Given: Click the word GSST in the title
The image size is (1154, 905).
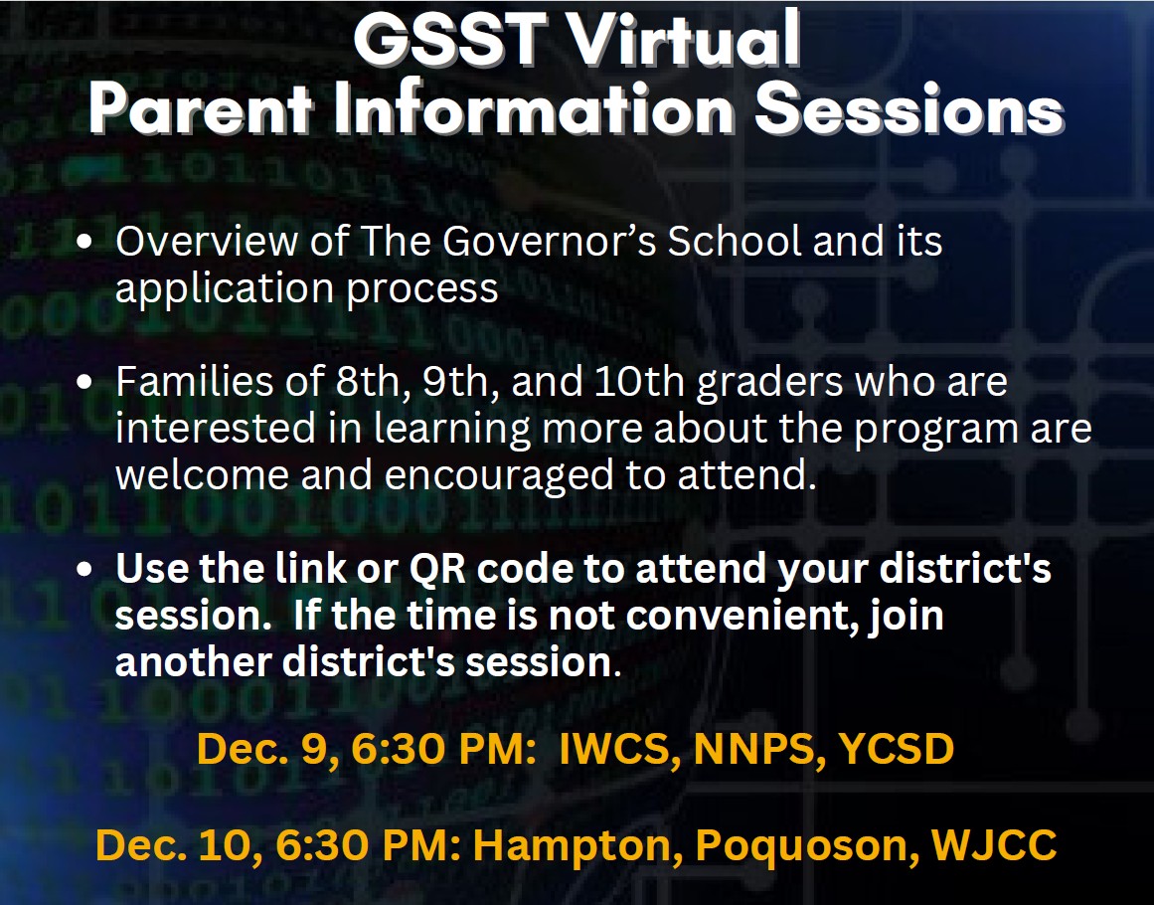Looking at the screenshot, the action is click(450, 39).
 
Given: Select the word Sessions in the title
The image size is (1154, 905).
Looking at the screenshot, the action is click(909, 109).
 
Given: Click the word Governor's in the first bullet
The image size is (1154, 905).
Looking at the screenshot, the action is click(549, 241).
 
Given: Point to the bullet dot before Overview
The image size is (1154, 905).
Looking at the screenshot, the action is click(84, 242).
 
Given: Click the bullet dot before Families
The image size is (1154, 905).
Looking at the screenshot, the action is click(84, 382).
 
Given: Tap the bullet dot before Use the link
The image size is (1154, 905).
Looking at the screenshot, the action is click(84, 569).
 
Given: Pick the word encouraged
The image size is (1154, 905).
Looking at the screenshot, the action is click(499, 475).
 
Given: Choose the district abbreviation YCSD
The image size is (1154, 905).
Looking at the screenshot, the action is click(897, 749).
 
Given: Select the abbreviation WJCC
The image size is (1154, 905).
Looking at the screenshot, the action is click(994, 844).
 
